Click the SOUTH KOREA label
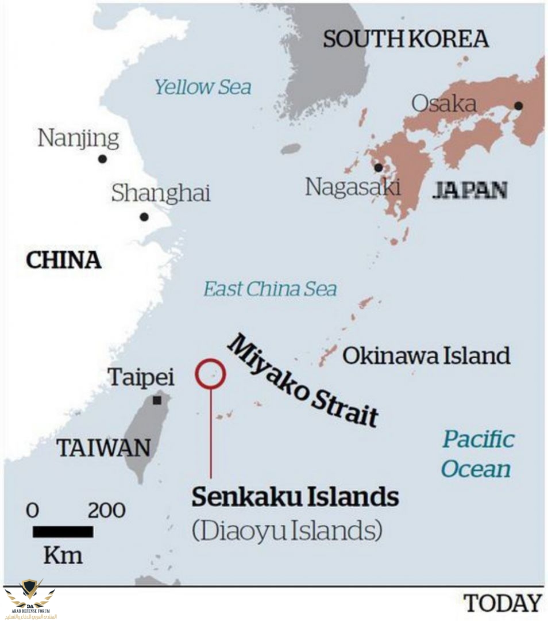[x=406, y=39]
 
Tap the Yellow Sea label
[x=203, y=87]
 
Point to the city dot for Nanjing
[x=102, y=159]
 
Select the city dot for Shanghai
[x=144, y=217]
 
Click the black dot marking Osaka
[x=518, y=106]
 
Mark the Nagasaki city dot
[x=378, y=168]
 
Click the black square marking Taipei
[x=157, y=400]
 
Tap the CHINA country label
[x=64, y=260]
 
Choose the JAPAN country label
[x=470, y=190]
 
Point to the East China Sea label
[x=270, y=289]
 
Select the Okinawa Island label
[x=426, y=356]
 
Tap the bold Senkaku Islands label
[x=295, y=497]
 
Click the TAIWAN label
[x=104, y=448]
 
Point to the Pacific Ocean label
[x=477, y=454]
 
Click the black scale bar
[x=63, y=532]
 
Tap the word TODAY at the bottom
[x=503, y=603]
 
